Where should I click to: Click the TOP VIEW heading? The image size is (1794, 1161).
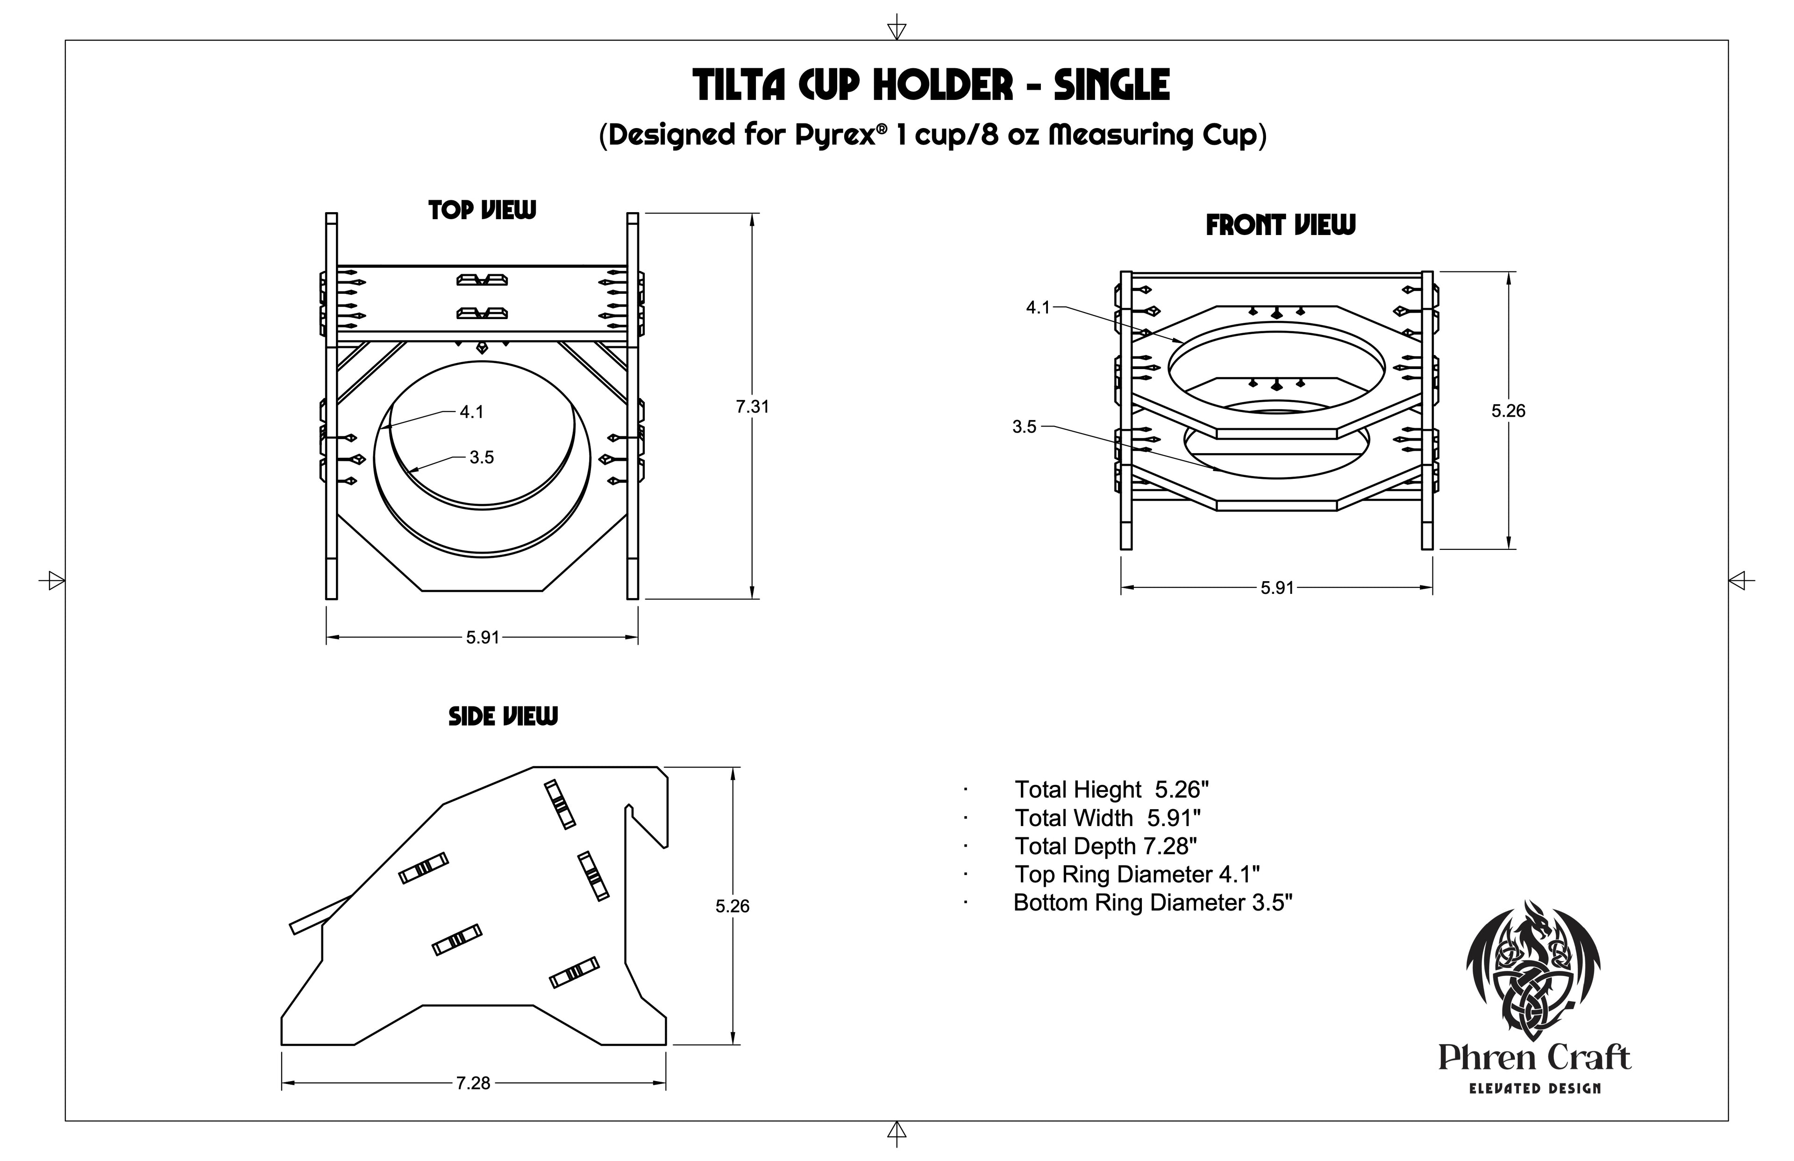pos(483,210)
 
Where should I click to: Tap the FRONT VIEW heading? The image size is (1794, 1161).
pos(1281,225)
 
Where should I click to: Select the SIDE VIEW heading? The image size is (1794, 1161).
pos(504,716)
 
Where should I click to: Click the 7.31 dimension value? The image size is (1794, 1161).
pos(752,407)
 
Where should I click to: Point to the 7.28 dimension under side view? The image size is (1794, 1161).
pos(473,1083)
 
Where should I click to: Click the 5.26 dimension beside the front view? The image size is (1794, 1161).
pos(1509,411)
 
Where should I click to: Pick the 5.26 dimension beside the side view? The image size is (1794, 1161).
pos(733,906)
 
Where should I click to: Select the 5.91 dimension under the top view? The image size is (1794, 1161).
pos(483,638)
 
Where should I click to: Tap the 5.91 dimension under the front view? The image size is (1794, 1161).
pos(1278,588)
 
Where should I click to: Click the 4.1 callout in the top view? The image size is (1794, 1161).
pos(472,413)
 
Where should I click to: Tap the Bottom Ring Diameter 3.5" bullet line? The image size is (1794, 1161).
pos(1153,903)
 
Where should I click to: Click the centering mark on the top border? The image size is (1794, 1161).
pos(896,28)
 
